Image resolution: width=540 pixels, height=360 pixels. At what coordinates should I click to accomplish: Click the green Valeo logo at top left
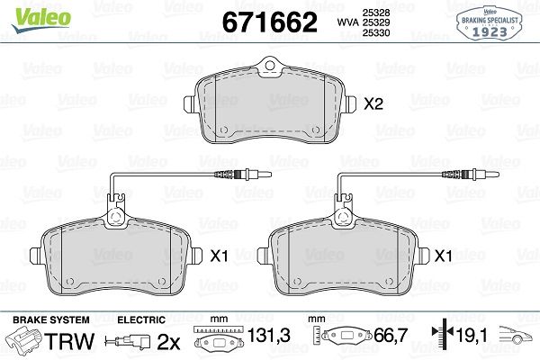pyautogui.click(x=41, y=19)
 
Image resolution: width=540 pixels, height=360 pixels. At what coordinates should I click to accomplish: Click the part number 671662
pyautogui.click(x=270, y=22)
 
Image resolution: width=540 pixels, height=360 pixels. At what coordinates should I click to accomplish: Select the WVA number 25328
pyautogui.click(x=375, y=13)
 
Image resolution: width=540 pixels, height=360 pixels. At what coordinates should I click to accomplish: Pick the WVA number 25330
pyautogui.click(x=375, y=32)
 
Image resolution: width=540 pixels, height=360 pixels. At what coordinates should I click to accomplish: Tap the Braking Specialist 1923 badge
pyautogui.click(x=490, y=23)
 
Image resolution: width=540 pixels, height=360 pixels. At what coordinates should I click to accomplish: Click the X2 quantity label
pyautogui.click(x=373, y=103)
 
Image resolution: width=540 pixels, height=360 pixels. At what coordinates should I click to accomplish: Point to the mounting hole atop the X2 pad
pyautogui.click(x=270, y=65)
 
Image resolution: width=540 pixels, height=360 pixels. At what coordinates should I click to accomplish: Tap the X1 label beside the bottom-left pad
pyautogui.click(x=219, y=256)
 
